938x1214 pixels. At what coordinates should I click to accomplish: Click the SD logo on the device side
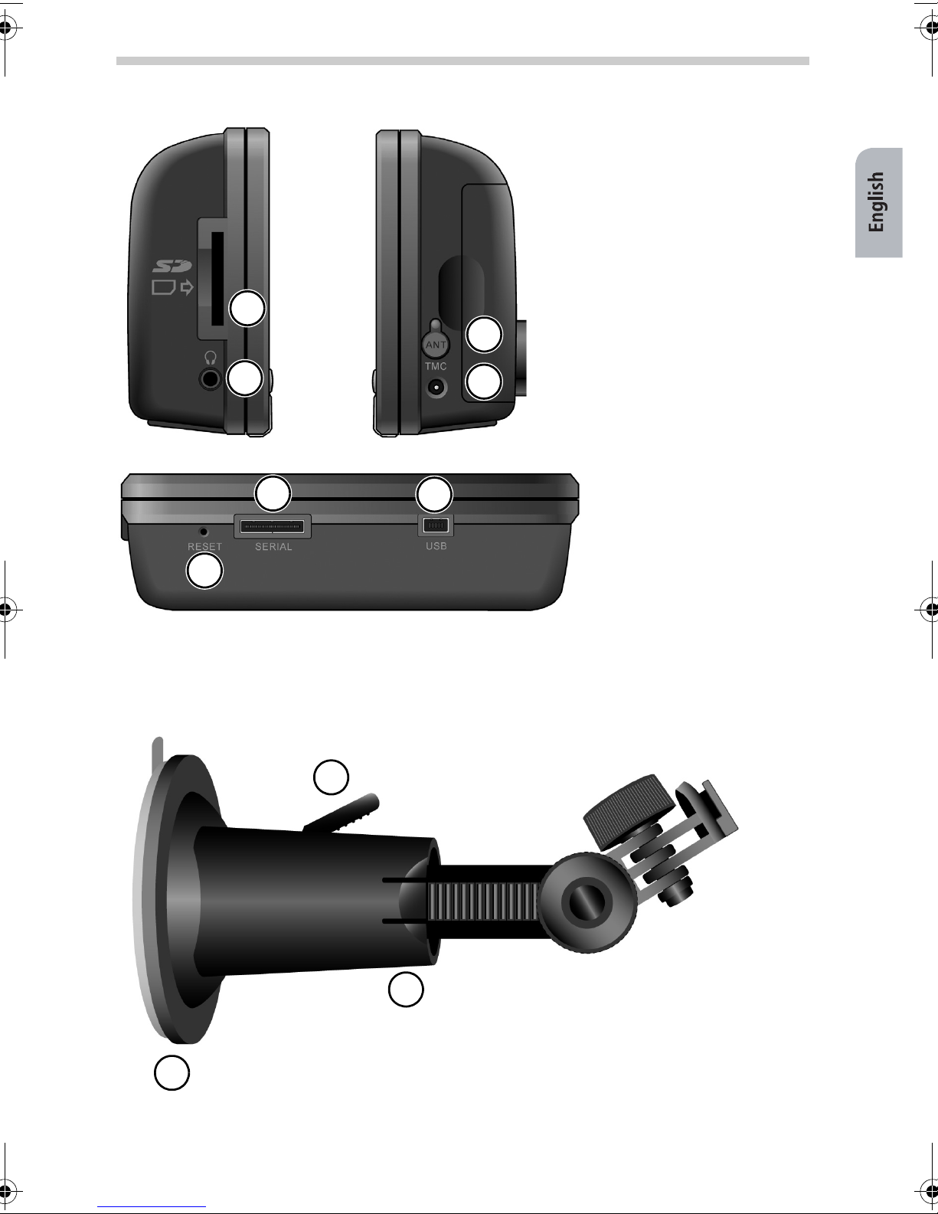tap(172, 266)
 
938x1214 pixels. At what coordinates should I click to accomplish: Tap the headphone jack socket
tap(210, 379)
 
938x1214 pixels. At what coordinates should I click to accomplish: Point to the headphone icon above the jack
tap(211, 358)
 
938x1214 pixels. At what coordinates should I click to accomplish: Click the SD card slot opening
tap(217, 278)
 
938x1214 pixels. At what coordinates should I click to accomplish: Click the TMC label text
tap(436, 366)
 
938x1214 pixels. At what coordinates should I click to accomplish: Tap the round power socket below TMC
tap(436, 387)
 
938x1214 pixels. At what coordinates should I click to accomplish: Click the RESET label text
tap(205, 546)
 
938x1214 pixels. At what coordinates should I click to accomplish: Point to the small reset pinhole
tap(204, 532)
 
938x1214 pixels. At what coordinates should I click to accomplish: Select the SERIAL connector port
tap(273, 526)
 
